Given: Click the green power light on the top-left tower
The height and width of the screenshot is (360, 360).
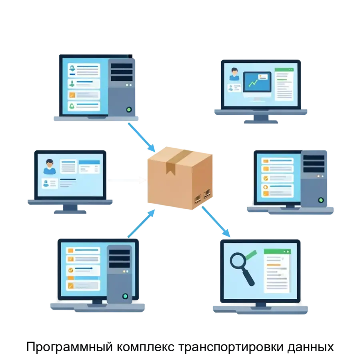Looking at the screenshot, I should click(129, 109).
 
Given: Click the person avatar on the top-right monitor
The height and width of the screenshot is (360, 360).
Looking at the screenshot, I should click(234, 74).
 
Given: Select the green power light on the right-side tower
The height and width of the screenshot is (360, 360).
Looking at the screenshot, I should click(320, 200).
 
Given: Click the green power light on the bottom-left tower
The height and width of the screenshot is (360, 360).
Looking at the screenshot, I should click(125, 296).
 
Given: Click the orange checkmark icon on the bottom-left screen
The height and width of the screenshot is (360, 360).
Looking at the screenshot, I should click(71, 270).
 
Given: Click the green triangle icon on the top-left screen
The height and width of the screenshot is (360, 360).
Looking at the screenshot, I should click(72, 106).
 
